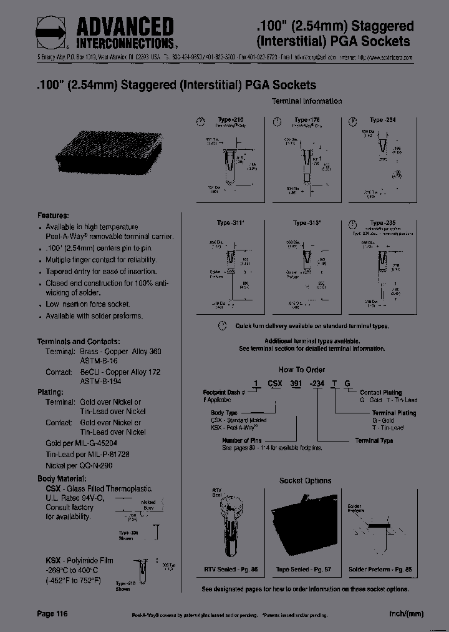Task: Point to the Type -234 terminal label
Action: [x=382, y=120]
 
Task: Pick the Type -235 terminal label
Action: [x=385, y=223]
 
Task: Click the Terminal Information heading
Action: [x=306, y=101]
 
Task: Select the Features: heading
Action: [x=53, y=215]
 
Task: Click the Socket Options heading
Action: [x=305, y=481]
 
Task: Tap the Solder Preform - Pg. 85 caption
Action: [x=379, y=570]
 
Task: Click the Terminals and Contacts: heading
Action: [x=79, y=342]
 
